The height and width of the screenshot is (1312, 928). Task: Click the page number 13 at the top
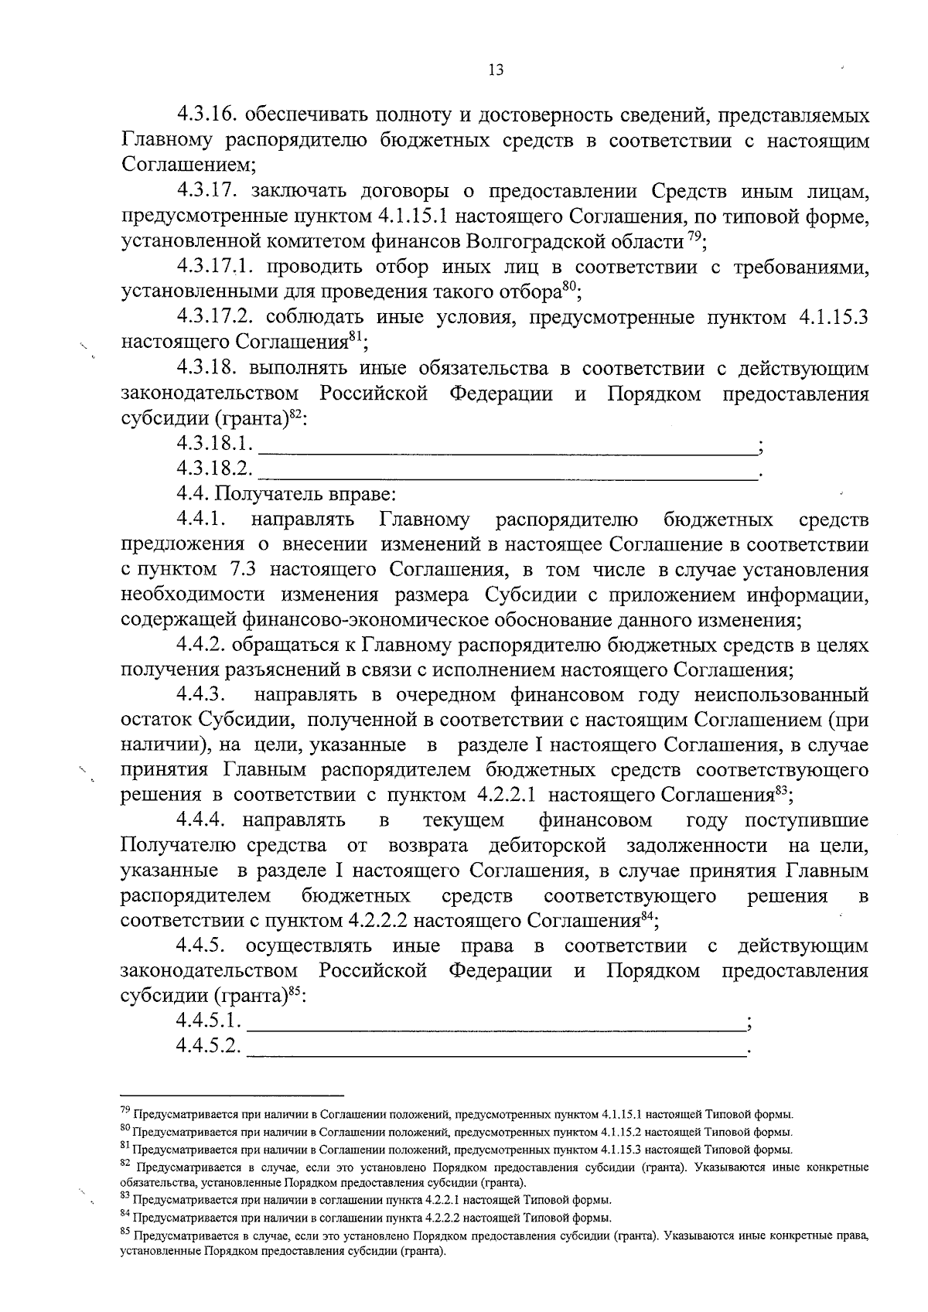[x=496, y=70]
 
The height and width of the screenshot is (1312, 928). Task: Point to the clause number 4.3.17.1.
[x=217, y=267]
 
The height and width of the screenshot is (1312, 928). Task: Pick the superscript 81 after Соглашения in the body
[x=356, y=336]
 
